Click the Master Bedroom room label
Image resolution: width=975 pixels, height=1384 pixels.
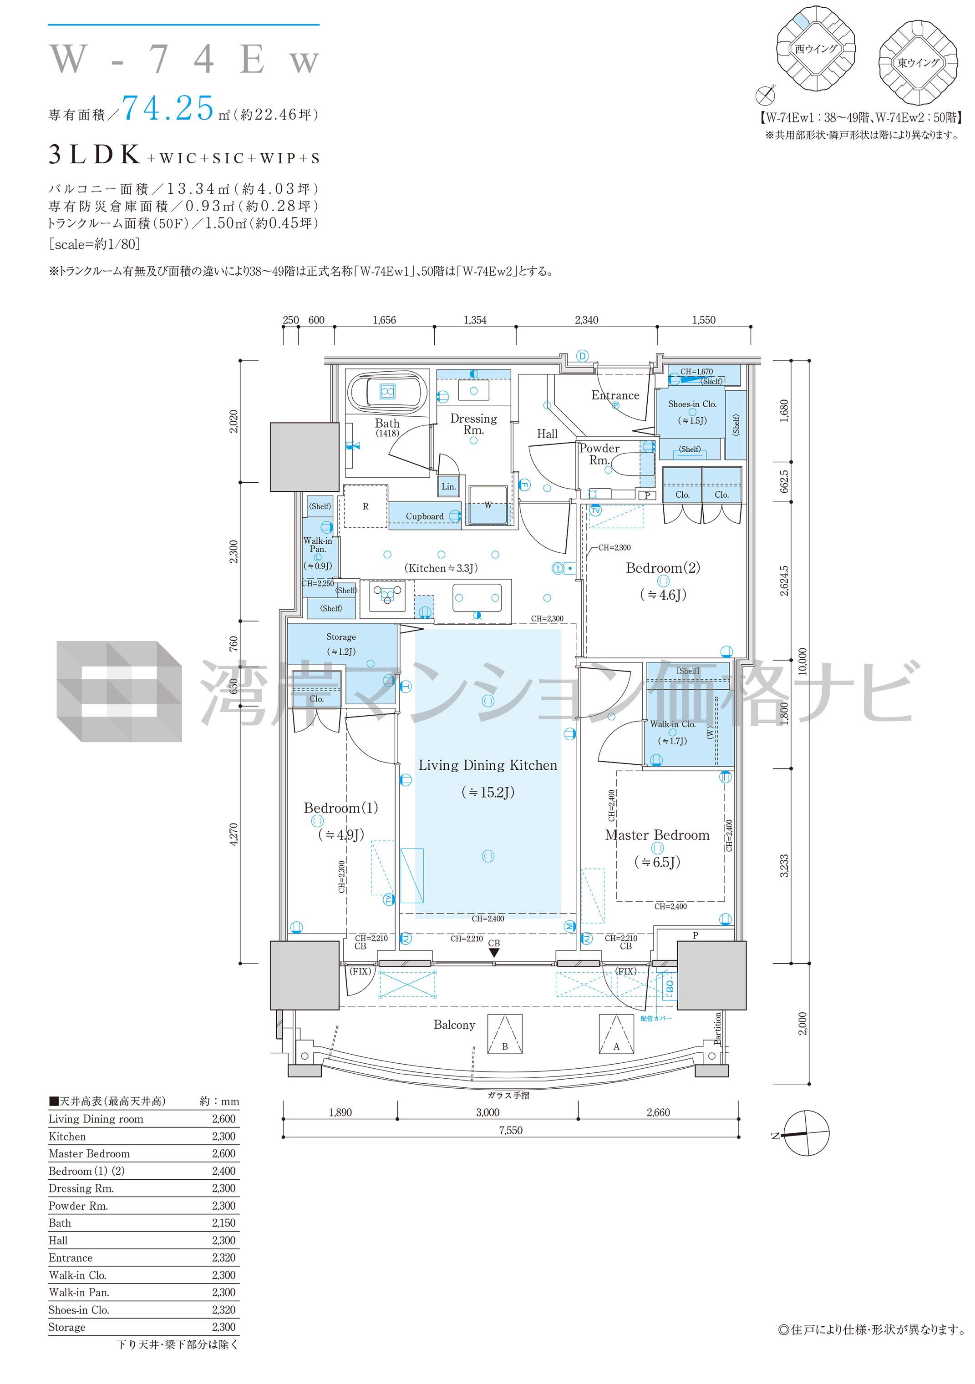click(657, 835)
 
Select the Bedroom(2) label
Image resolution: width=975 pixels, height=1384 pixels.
click(663, 568)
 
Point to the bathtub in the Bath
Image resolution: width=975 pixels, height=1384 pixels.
click(387, 392)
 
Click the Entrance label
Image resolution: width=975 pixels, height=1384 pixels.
click(615, 395)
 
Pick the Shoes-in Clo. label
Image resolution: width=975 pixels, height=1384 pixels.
click(692, 404)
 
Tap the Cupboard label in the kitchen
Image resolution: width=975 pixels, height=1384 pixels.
click(425, 516)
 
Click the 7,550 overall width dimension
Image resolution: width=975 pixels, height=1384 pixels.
click(510, 1130)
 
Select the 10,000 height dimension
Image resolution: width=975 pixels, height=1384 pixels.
click(802, 661)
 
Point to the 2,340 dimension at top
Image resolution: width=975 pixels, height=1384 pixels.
click(586, 320)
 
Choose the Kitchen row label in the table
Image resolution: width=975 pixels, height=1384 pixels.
click(67, 1136)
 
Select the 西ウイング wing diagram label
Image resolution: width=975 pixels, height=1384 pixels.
click(816, 49)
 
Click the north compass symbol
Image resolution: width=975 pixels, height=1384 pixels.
click(806, 1134)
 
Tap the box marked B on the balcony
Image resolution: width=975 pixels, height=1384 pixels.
click(505, 1035)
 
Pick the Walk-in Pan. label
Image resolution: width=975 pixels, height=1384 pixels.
click(318, 545)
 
